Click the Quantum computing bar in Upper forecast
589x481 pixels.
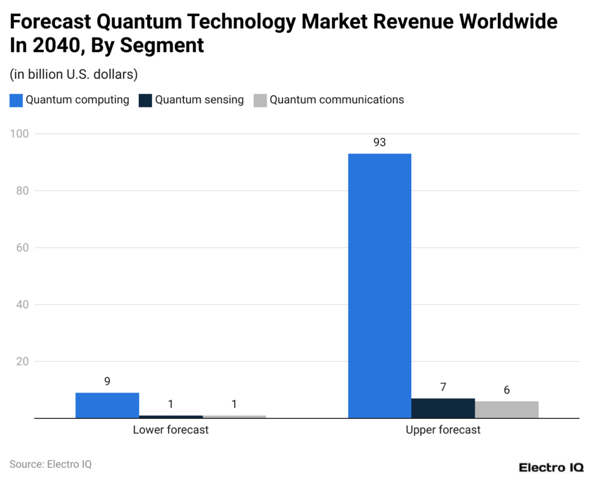pos(380,286)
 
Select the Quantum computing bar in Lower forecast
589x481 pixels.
pos(107,405)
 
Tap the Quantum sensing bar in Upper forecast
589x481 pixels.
pos(443,408)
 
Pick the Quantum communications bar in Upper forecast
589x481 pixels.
pos(506,409)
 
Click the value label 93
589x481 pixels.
pos(380,143)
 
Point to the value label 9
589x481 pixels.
pos(107,381)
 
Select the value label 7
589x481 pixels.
pos(443,387)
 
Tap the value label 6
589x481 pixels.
pos(506,390)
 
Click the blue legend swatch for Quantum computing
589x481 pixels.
pos(16,101)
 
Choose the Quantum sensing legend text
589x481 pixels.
pos(199,100)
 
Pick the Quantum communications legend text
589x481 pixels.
pos(336,100)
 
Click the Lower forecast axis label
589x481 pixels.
pos(171,430)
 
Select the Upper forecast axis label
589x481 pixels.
pos(443,430)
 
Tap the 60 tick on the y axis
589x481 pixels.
pos(21,248)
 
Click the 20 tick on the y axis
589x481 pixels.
pos(21,361)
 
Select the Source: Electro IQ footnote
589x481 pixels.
pos(50,464)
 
